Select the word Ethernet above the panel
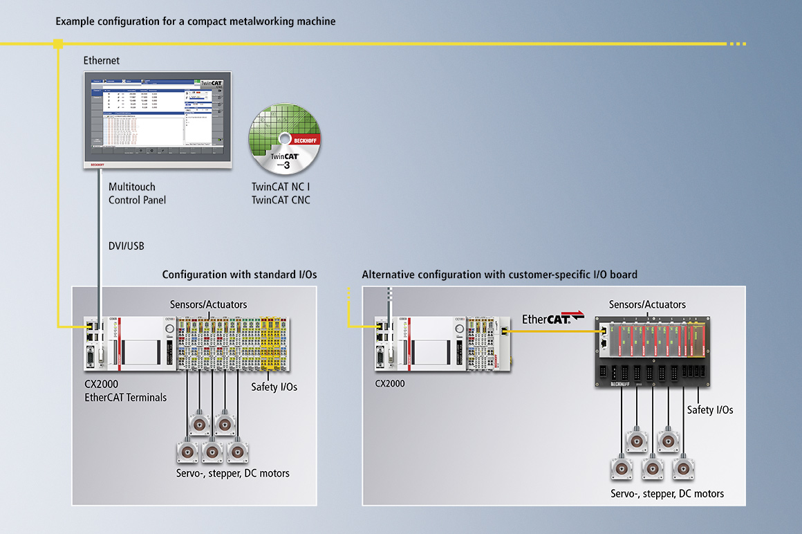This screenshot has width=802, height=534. [x=102, y=61]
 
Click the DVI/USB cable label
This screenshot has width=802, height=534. [x=127, y=246]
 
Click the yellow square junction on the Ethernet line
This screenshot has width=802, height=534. [x=58, y=44]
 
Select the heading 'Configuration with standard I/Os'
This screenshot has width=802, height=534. [x=239, y=275]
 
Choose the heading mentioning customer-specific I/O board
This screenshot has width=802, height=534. [x=499, y=275]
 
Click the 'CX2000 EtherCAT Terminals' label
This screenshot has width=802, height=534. [x=125, y=392]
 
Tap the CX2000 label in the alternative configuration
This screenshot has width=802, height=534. [x=390, y=383]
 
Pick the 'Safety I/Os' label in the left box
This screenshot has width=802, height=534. [x=274, y=387]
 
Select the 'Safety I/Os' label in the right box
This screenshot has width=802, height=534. [x=710, y=410]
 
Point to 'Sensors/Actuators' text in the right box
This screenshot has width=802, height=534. [x=647, y=304]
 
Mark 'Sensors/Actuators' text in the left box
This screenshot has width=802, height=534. [x=208, y=304]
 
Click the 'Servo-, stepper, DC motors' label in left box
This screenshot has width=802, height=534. [x=232, y=473]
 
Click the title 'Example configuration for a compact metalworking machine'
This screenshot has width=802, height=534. [x=196, y=21]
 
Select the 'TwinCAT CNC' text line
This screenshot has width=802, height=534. [x=281, y=201]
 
